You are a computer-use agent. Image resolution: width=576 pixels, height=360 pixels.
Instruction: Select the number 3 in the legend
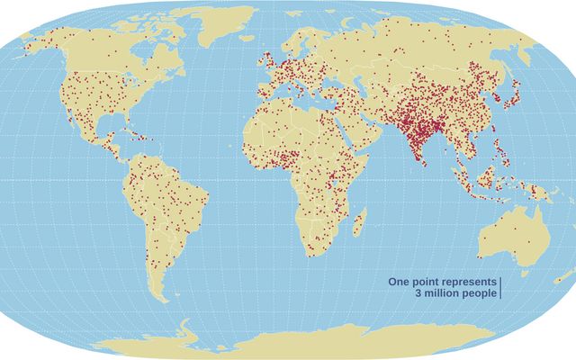click(x=418, y=294)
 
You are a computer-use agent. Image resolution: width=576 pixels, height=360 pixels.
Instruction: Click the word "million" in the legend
click(x=440, y=294)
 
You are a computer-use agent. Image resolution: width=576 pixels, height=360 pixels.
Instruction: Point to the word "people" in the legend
click(x=477, y=294)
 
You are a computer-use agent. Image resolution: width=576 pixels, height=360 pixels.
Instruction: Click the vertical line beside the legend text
click(x=499, y=288)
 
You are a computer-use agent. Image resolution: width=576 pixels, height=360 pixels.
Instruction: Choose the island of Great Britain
click(x=267, y=66)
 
